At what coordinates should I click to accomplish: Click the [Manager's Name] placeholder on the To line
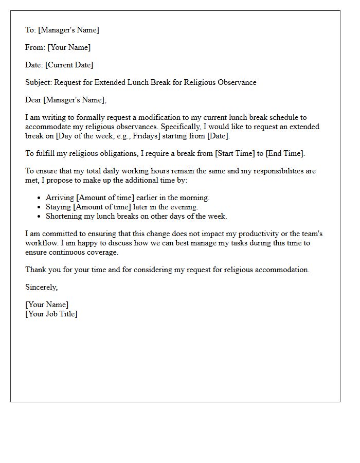pos(68,30)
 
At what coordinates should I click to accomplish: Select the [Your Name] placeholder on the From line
pos(69,47)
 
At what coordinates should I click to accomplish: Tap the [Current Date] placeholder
pos(69,65)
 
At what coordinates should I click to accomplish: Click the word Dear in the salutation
pos(33,100)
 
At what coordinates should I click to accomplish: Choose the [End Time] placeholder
pos(285,153)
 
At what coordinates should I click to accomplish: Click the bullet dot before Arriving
pos(40,198)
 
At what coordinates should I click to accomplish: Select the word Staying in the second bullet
pos(58,207)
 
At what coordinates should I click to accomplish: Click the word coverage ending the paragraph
pos(102,252)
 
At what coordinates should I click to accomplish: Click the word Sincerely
pos(41,287)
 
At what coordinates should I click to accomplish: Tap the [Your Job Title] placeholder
pos(51,314)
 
